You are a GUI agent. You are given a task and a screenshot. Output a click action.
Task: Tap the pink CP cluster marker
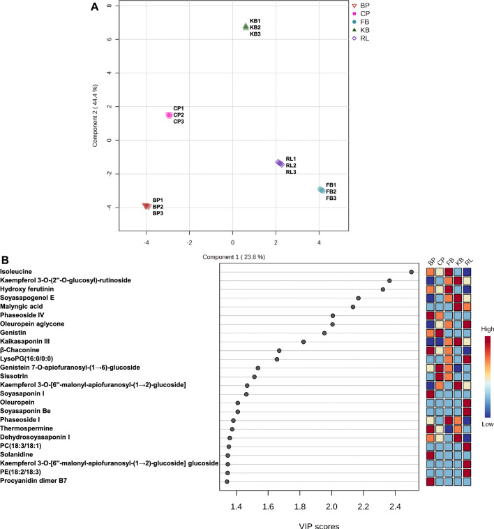[169, 115]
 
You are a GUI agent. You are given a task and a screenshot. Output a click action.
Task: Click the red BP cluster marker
[146, 206]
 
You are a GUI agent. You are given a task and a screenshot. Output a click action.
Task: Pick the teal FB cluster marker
[321, 190]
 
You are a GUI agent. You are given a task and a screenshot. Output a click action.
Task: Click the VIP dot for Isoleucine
[412, 272]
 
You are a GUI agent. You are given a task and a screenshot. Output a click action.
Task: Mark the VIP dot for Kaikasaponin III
[304, 342]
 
